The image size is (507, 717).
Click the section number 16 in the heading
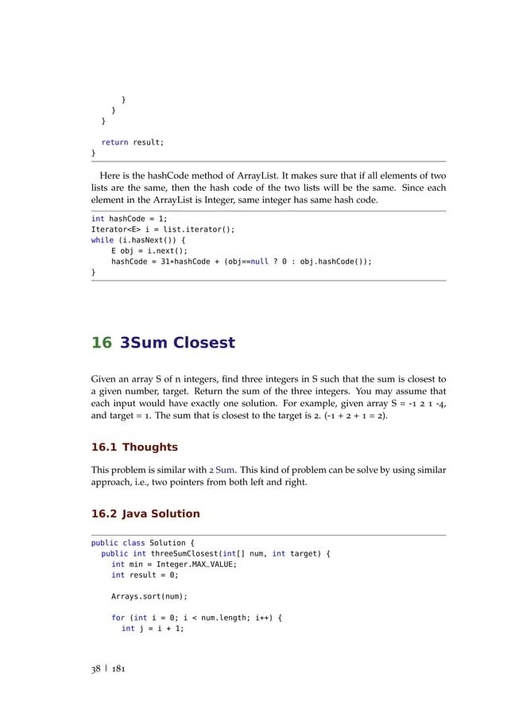click(101, 343)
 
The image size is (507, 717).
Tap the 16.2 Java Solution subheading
click(145, 514)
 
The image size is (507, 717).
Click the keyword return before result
click(114, 142)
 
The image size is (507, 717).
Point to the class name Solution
click(168, 544)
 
